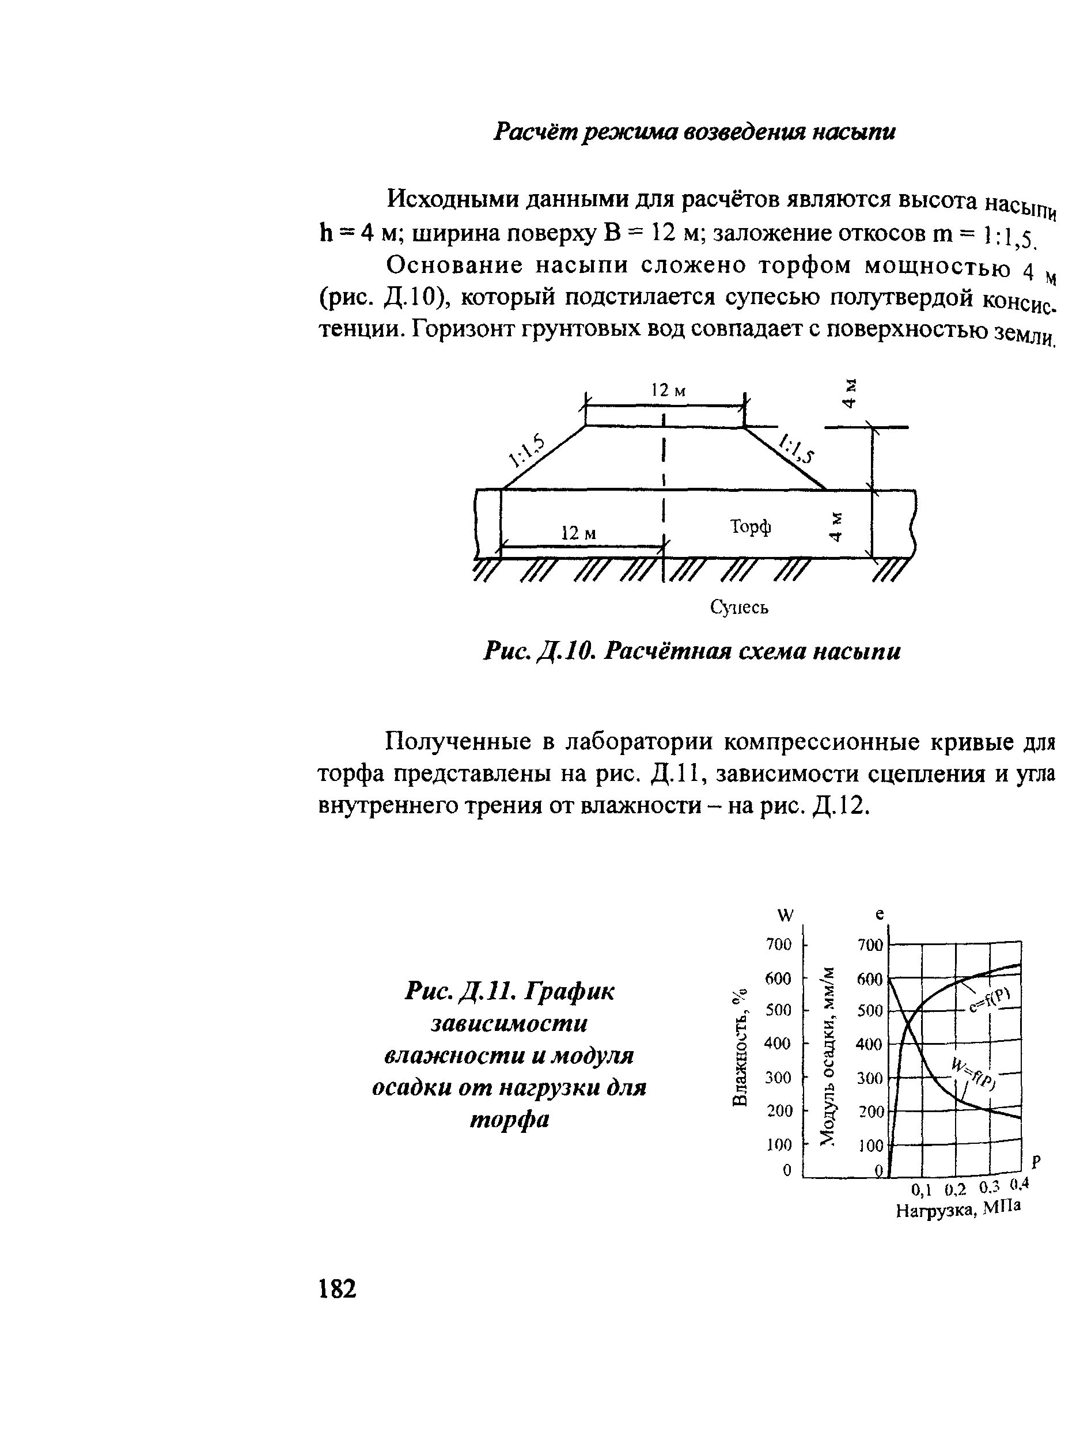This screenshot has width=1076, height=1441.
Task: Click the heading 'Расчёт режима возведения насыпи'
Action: [694, 132]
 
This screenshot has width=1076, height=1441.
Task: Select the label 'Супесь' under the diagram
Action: [739, 607]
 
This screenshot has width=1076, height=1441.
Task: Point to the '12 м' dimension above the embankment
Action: [669, 390]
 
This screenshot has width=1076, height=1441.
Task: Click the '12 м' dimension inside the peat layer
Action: [578, 533]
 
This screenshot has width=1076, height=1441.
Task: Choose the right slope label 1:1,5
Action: [797, 448]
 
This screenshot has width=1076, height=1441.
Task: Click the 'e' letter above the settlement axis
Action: [880, 914]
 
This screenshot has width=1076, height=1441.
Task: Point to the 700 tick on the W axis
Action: [778, 944]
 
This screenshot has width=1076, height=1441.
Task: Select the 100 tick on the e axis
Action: [871, 1146]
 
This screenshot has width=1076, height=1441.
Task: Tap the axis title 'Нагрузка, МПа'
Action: [958, 1209]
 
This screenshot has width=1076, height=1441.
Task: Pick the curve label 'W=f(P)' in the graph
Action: [973, 1073]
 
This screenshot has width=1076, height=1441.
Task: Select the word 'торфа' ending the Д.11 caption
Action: [509, 1118]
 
